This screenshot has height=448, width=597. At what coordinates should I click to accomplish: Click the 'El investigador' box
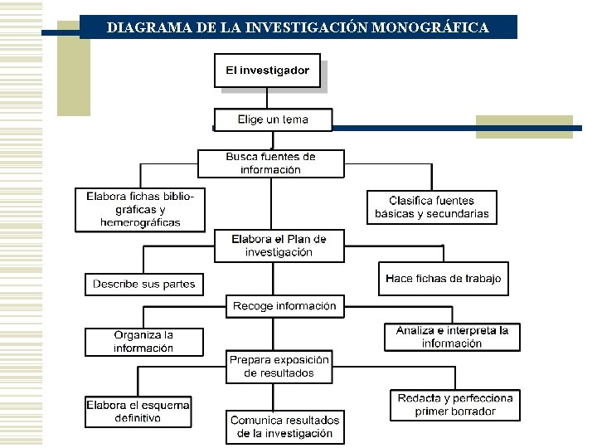[x=267, y=71]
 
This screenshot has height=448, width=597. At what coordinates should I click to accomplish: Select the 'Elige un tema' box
[x=273, y=119]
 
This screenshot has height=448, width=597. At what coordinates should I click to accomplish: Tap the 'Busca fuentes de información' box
[x=270, y=163]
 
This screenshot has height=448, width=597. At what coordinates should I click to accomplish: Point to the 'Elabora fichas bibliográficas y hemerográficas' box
[x=140, y=209]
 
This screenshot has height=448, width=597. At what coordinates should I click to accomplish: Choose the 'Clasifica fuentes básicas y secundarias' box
[x=431, y=207]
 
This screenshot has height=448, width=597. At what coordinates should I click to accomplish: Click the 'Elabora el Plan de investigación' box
[x=279, y=246]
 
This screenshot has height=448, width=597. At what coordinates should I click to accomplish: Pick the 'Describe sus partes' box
[x=143, y=284]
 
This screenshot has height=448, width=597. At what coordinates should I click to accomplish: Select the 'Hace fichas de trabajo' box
[x=443, y=279]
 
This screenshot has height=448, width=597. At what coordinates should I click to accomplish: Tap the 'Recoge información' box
[x=284, y=306]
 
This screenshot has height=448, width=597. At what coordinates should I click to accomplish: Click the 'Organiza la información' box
[x=143, y=342]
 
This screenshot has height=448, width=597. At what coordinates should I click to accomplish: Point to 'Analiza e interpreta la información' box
[x=452, y=337]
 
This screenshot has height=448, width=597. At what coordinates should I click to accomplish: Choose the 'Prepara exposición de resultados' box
[x=279, y=367]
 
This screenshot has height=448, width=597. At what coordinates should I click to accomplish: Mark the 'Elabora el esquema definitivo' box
[x=138, y=411]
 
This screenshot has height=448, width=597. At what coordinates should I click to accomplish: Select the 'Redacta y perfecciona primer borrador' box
[x=455, y=405]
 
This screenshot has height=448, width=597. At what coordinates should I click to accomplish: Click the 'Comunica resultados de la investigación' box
[x=284, y=426]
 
